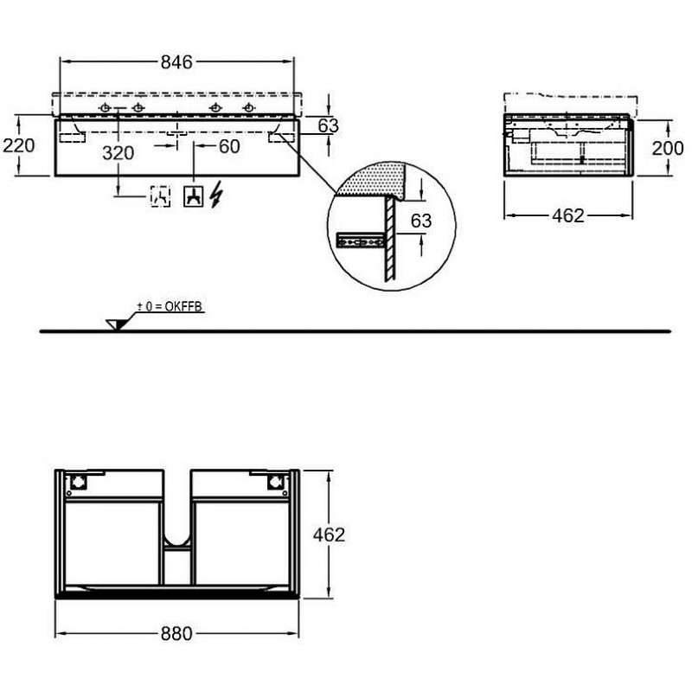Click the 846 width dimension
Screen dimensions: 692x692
click(176, 62)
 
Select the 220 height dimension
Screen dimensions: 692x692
click(19, 145)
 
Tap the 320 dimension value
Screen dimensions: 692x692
click(119, 153)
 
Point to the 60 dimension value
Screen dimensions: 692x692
click(229, 146)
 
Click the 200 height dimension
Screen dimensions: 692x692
click(668, 148)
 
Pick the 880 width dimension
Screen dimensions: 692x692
click(176, 634)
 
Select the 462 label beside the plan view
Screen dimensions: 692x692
click(329, 535)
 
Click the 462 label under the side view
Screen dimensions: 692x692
click(568, 215)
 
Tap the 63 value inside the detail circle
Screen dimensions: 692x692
click(421, 221)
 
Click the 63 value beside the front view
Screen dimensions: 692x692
click(329, 125)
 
